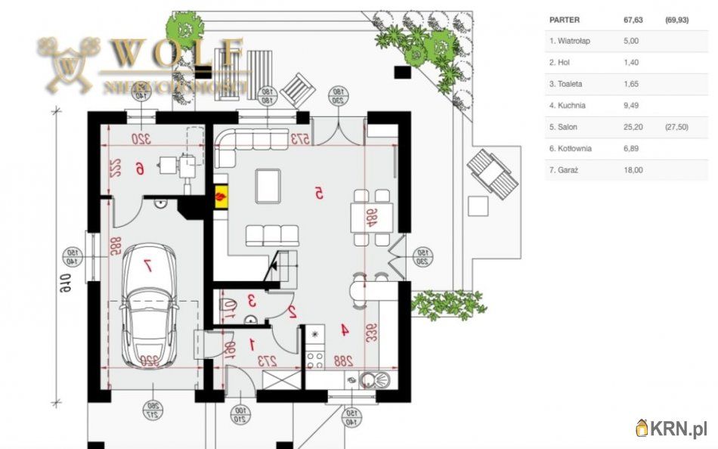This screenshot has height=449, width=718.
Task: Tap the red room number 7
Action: [148, 265]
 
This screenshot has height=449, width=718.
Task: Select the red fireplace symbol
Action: [221, 197]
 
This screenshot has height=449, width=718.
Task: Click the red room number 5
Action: [319, 194]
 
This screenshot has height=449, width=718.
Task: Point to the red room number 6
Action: [139, 169]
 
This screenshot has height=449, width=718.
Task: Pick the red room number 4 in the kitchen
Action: [344, 330]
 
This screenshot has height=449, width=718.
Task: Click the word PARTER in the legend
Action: [565, 20]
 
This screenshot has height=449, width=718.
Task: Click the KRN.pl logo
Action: [671, 429]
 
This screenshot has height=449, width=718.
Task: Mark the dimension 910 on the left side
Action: [66, 285]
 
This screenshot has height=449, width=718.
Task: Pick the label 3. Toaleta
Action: [566, 84]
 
